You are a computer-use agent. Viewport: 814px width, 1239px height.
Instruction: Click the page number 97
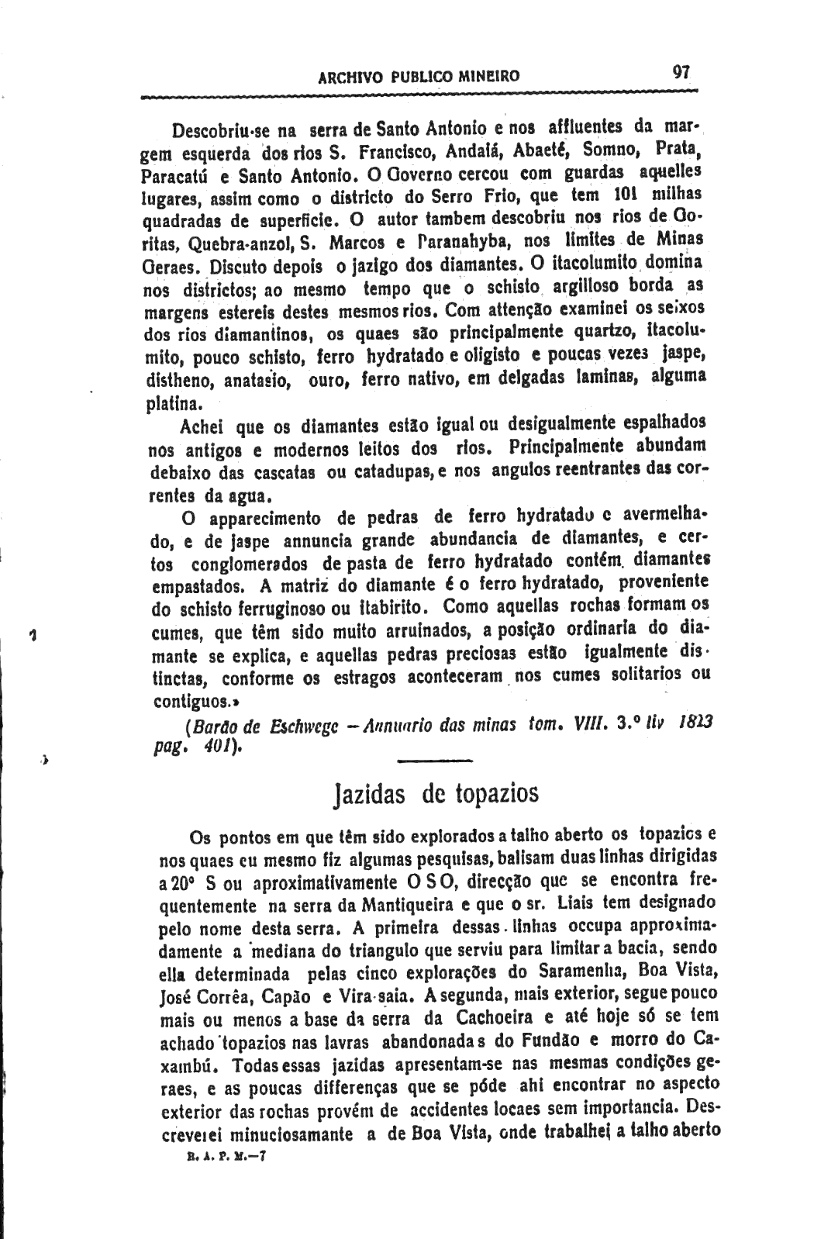(681, 72)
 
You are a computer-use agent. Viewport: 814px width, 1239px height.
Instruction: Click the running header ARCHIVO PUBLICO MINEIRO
(419, 77)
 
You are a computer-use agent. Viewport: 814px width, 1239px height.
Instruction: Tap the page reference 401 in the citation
(212, 747)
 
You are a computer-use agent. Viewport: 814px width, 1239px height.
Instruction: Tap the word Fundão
(529, 1037)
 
